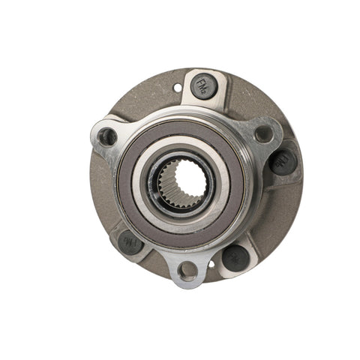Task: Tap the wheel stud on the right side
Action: point(283,160)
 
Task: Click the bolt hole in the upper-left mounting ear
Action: point(108,136)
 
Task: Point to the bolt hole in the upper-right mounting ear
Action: point(264,134)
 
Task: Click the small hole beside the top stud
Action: point(178,88)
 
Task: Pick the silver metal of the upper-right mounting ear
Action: point(273,127)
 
